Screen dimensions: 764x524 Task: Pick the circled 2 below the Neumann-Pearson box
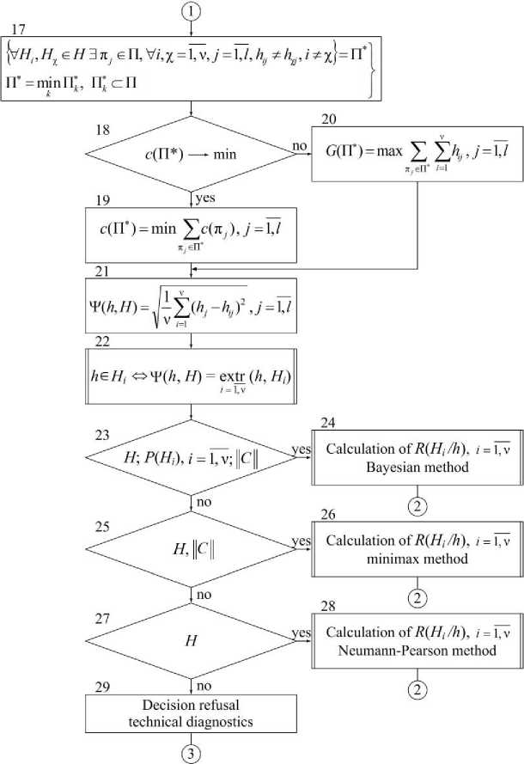[x=416, y=688]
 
